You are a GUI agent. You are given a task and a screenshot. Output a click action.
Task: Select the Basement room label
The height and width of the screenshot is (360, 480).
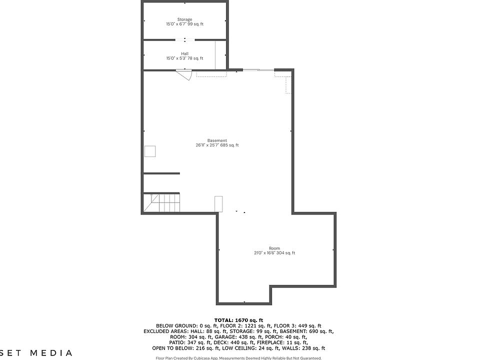(x=217, y=140)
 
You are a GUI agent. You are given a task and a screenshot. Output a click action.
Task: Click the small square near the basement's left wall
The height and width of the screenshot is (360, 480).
(x=150, y=151)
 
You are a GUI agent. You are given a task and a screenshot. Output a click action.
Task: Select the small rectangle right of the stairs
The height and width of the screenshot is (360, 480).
(x=218, y=204)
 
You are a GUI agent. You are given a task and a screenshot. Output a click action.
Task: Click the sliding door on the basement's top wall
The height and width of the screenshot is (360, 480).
(x=258, y=70)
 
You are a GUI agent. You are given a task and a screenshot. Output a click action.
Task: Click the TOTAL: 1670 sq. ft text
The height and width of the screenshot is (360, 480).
(x=238, y=320)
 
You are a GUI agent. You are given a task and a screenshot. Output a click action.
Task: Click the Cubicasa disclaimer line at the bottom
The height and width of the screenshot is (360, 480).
(x=238, y=358)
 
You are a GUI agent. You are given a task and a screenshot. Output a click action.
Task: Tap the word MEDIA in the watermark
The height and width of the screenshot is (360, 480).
(x=51, y=353)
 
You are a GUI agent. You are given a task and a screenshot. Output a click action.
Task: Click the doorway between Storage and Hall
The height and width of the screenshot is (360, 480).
(x=184, y=39)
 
